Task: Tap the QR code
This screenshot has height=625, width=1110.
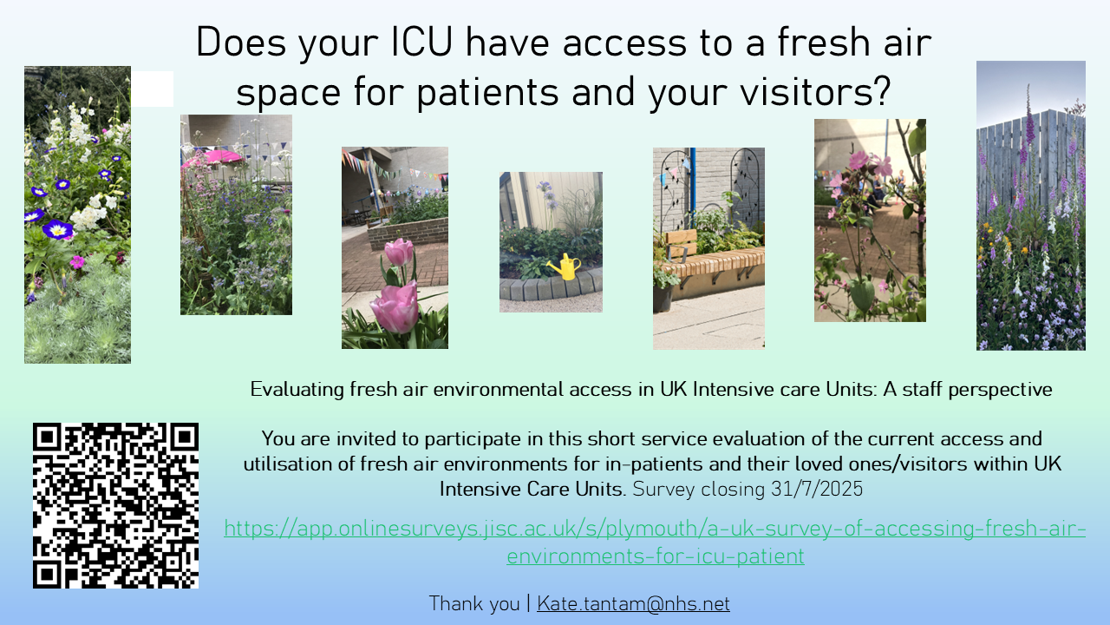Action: [115, 505]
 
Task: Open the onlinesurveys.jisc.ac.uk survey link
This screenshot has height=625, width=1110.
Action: [655, 542]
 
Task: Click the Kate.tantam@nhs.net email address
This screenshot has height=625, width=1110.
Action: [633, 603]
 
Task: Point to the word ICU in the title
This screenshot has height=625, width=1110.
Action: [421, 42]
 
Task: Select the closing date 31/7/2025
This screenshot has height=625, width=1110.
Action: [817, 489]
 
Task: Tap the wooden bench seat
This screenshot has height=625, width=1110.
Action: [714, 260]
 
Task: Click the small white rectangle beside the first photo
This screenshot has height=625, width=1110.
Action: [152, 89]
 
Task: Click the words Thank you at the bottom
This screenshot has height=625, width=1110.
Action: [474, 604]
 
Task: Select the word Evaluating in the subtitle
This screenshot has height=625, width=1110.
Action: [297, 390]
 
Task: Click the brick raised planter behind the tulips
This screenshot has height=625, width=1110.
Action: [408, 232]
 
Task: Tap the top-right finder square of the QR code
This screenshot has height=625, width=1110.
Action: [185, 437]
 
